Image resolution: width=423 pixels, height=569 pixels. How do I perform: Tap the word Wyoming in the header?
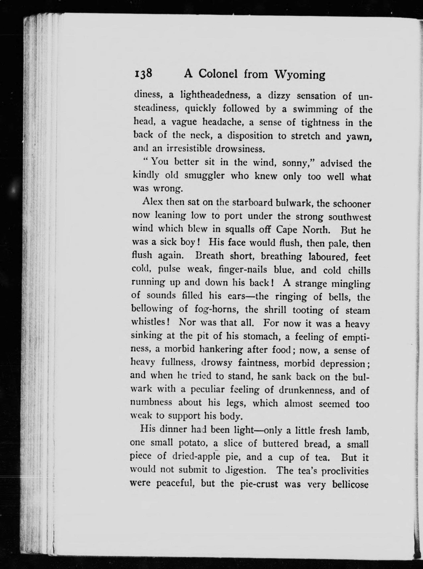click(300, 75)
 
